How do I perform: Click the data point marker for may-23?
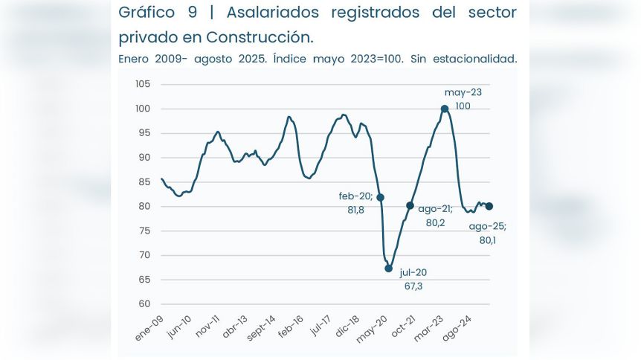[445, 109]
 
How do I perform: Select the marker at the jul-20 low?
[388, 269]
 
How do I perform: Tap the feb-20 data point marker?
[381, 197]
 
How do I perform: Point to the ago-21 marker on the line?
[410, 205]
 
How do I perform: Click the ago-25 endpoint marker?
[489, 207]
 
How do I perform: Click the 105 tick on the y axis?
[144, 84]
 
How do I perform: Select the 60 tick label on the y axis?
[145, 304]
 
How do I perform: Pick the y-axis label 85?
[145, 181]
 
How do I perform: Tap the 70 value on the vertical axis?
[145, 255]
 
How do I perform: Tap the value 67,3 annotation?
[414, 286]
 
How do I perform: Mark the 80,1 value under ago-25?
[487, 240]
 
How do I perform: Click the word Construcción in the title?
[259, 36]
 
